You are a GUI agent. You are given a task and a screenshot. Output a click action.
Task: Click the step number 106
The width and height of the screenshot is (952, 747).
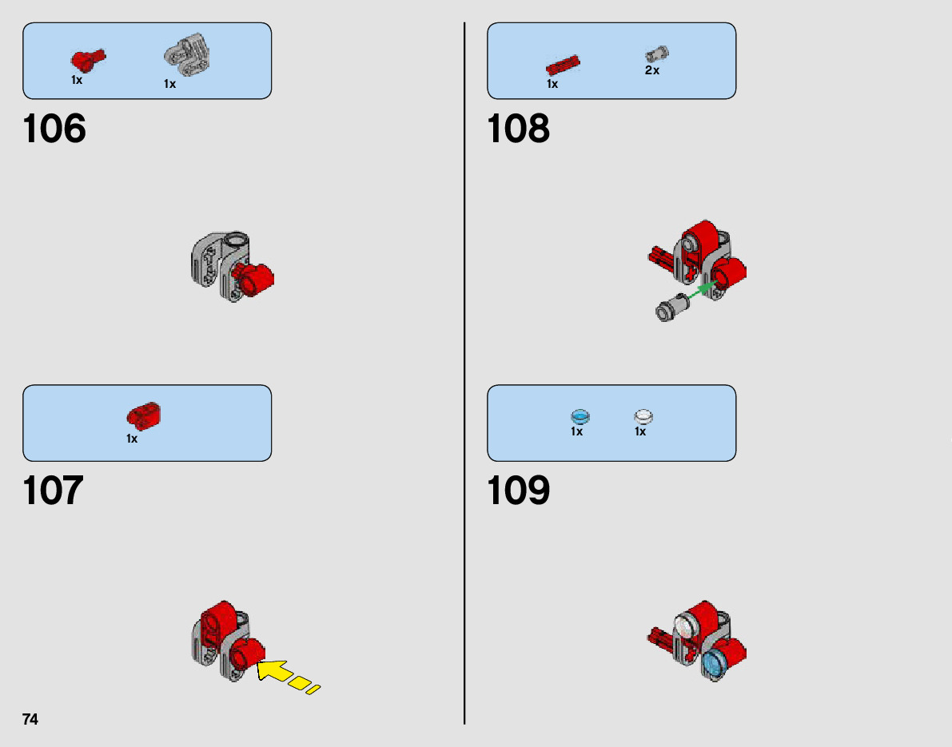coord(54,129)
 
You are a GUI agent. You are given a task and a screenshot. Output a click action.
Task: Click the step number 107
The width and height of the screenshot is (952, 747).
coord(54,491)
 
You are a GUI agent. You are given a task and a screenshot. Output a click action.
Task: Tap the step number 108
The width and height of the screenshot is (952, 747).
coord(518,129)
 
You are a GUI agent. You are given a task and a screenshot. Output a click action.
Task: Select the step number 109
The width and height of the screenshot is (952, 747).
coord(518,491)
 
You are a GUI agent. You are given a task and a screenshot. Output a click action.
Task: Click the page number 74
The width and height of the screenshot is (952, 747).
coord(30,719)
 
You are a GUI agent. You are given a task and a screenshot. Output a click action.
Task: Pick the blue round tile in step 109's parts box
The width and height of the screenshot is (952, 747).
coord(580,416)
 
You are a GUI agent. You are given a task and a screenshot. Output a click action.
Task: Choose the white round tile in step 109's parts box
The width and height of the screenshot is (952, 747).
coord(643,416)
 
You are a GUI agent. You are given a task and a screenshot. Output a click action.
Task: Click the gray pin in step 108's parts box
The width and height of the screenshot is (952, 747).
coord(656,54)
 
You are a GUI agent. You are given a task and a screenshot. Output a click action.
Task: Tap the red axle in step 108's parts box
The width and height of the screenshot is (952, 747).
coord(563,65)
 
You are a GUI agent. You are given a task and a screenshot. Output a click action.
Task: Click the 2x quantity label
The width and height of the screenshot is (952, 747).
coord(652,70)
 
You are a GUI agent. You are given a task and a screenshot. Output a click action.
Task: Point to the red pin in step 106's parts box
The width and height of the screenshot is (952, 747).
coord(86,58)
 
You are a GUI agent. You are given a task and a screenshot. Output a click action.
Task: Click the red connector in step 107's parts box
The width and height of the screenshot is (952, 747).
coord(144,414)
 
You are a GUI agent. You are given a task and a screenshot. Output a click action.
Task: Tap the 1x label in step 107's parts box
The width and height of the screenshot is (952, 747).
coord(132,439)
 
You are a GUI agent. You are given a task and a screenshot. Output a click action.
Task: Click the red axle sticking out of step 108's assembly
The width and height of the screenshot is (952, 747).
coord(660,256)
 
